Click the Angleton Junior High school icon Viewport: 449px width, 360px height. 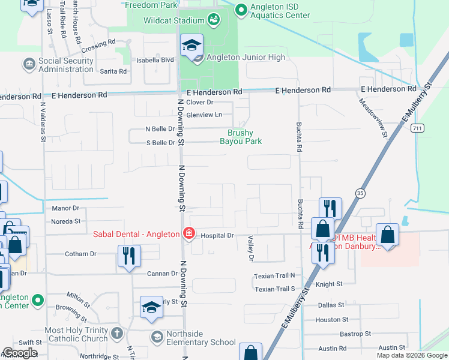pyautogui.click(x=192, y=46)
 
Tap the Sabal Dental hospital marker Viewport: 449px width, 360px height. pyautogui.click(x=188, y=233)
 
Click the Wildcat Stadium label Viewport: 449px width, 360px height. pyautogui.click(x=174, y=20)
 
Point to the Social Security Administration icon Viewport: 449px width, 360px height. pyautogui.click(x=29, y=63)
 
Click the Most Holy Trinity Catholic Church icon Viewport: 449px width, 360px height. pyautogui.click(x=117, y=332)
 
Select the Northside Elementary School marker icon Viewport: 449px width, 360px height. pyautogui.click(x=157, y=337)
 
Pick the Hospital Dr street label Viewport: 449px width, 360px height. pyautogui.click(x=217, y=236)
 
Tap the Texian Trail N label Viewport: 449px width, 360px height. pyautogui.click(x=275, y=275)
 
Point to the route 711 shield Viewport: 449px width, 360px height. pyautogui.click(x=418, y=128)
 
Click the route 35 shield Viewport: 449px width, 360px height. pyautogui.click(x=360, y=193)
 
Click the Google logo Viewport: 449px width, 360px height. pyautogui.click(x=20, y=353)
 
